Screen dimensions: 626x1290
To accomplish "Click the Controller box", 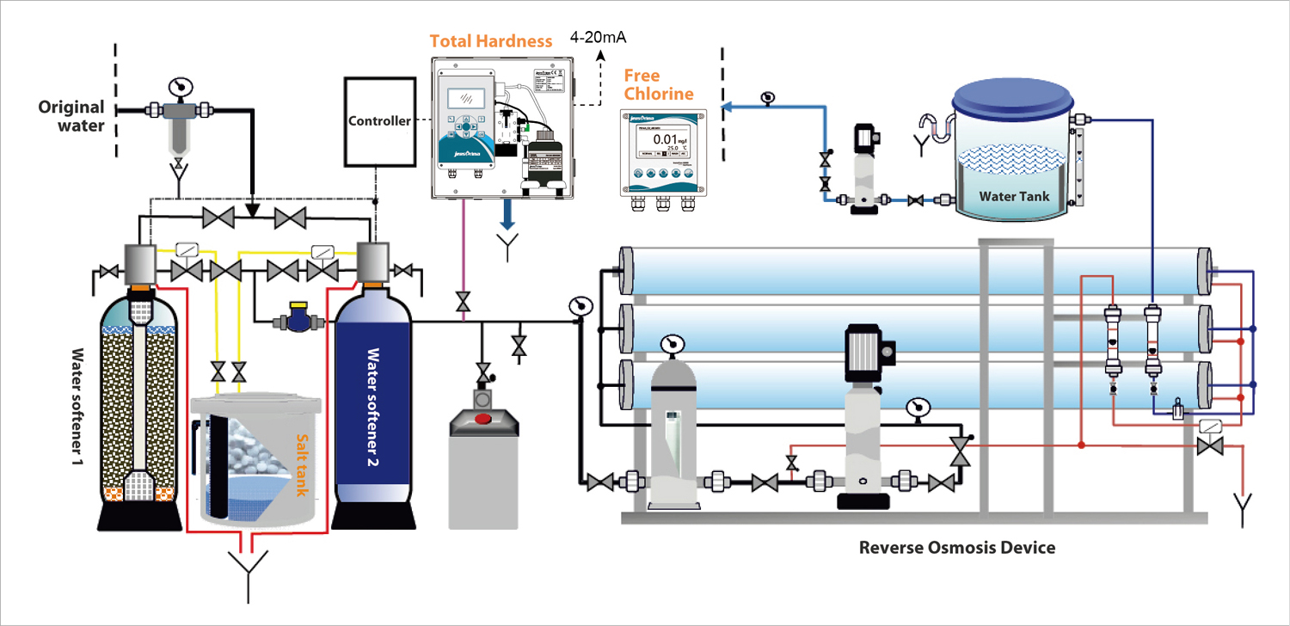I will coord(378,121).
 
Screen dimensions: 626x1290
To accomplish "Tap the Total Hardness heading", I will coord(478,40).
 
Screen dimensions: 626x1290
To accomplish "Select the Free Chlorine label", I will coord(659,85).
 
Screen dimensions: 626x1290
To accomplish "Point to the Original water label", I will coord(71,116).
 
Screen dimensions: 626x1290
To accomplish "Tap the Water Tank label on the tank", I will coord(1015,196).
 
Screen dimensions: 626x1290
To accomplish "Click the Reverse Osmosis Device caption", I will coord(957,547).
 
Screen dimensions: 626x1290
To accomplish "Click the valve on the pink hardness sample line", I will coord(464,302).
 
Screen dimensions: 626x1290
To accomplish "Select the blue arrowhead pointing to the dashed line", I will coord(728,107).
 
